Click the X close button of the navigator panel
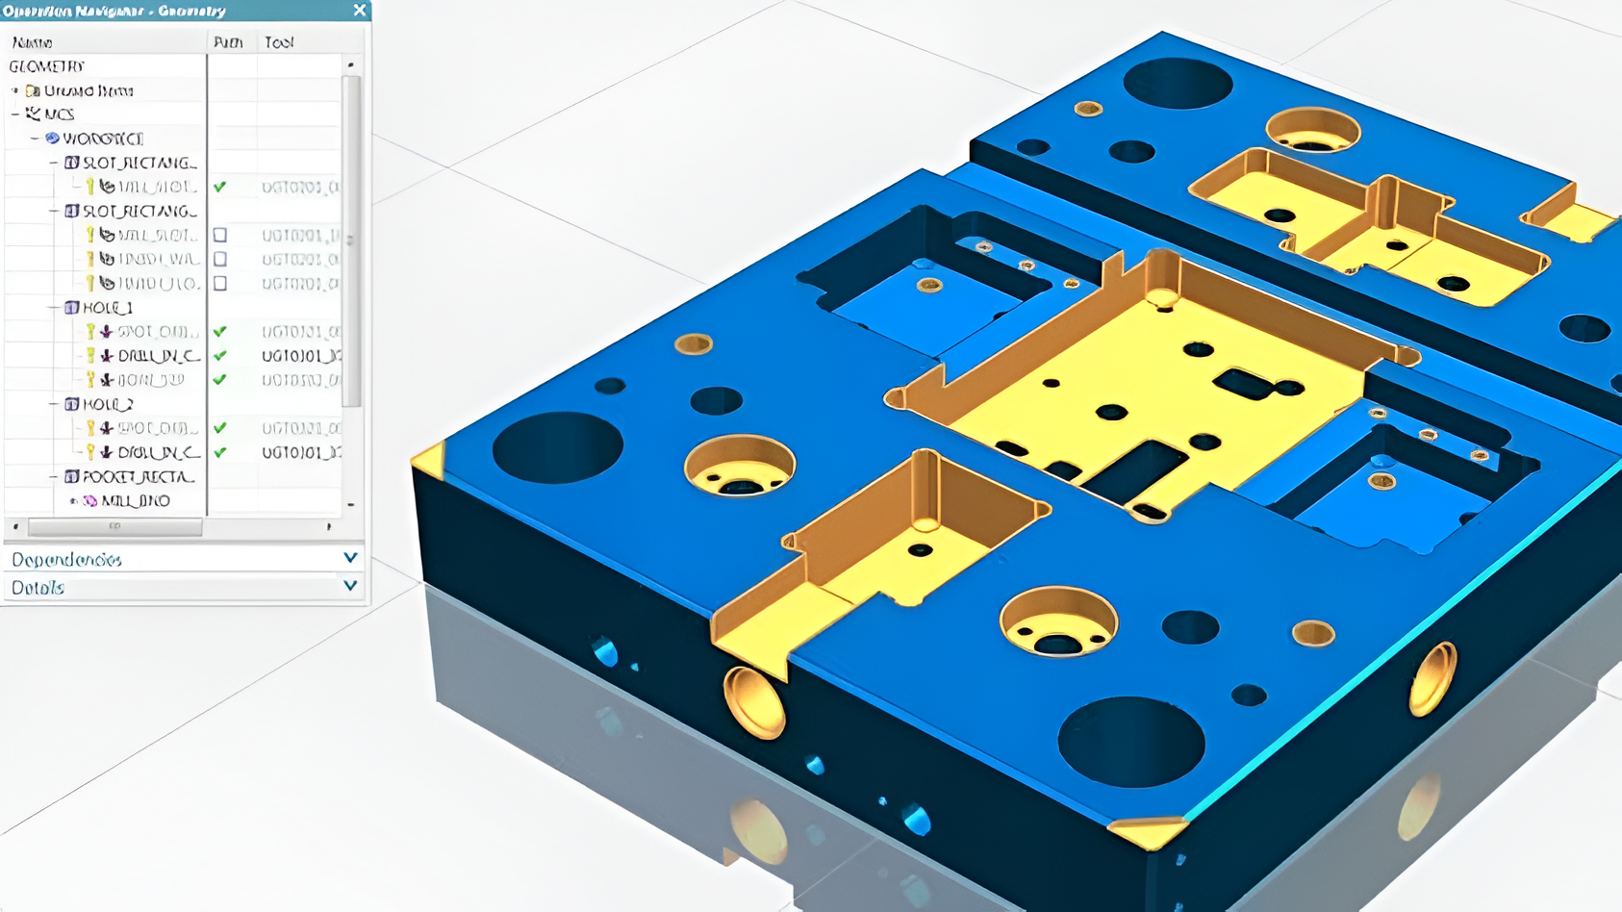tap(360, 10)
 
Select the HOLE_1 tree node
tap(107, 308)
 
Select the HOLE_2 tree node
tap(107, 404)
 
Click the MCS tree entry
tap(58, 114)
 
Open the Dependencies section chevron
tap(350, 558)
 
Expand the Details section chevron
tap(350, 586)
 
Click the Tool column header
tap(279, 42)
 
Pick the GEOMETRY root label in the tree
tap(46, 66)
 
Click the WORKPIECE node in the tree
tap(102, 139)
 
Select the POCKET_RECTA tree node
tap(138, 476)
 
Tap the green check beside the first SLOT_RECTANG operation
tap(220, 187)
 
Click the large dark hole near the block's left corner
tap(557, 447)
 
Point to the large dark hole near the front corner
tap(1131, 742)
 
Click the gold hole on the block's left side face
tap(753, 702)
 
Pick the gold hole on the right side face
tap(1432, 679)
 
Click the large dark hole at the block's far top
tap(1178, 83)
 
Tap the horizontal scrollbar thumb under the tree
tap(114, 526)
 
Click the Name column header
tap(33, 42)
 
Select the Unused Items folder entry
tap(88, 90)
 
